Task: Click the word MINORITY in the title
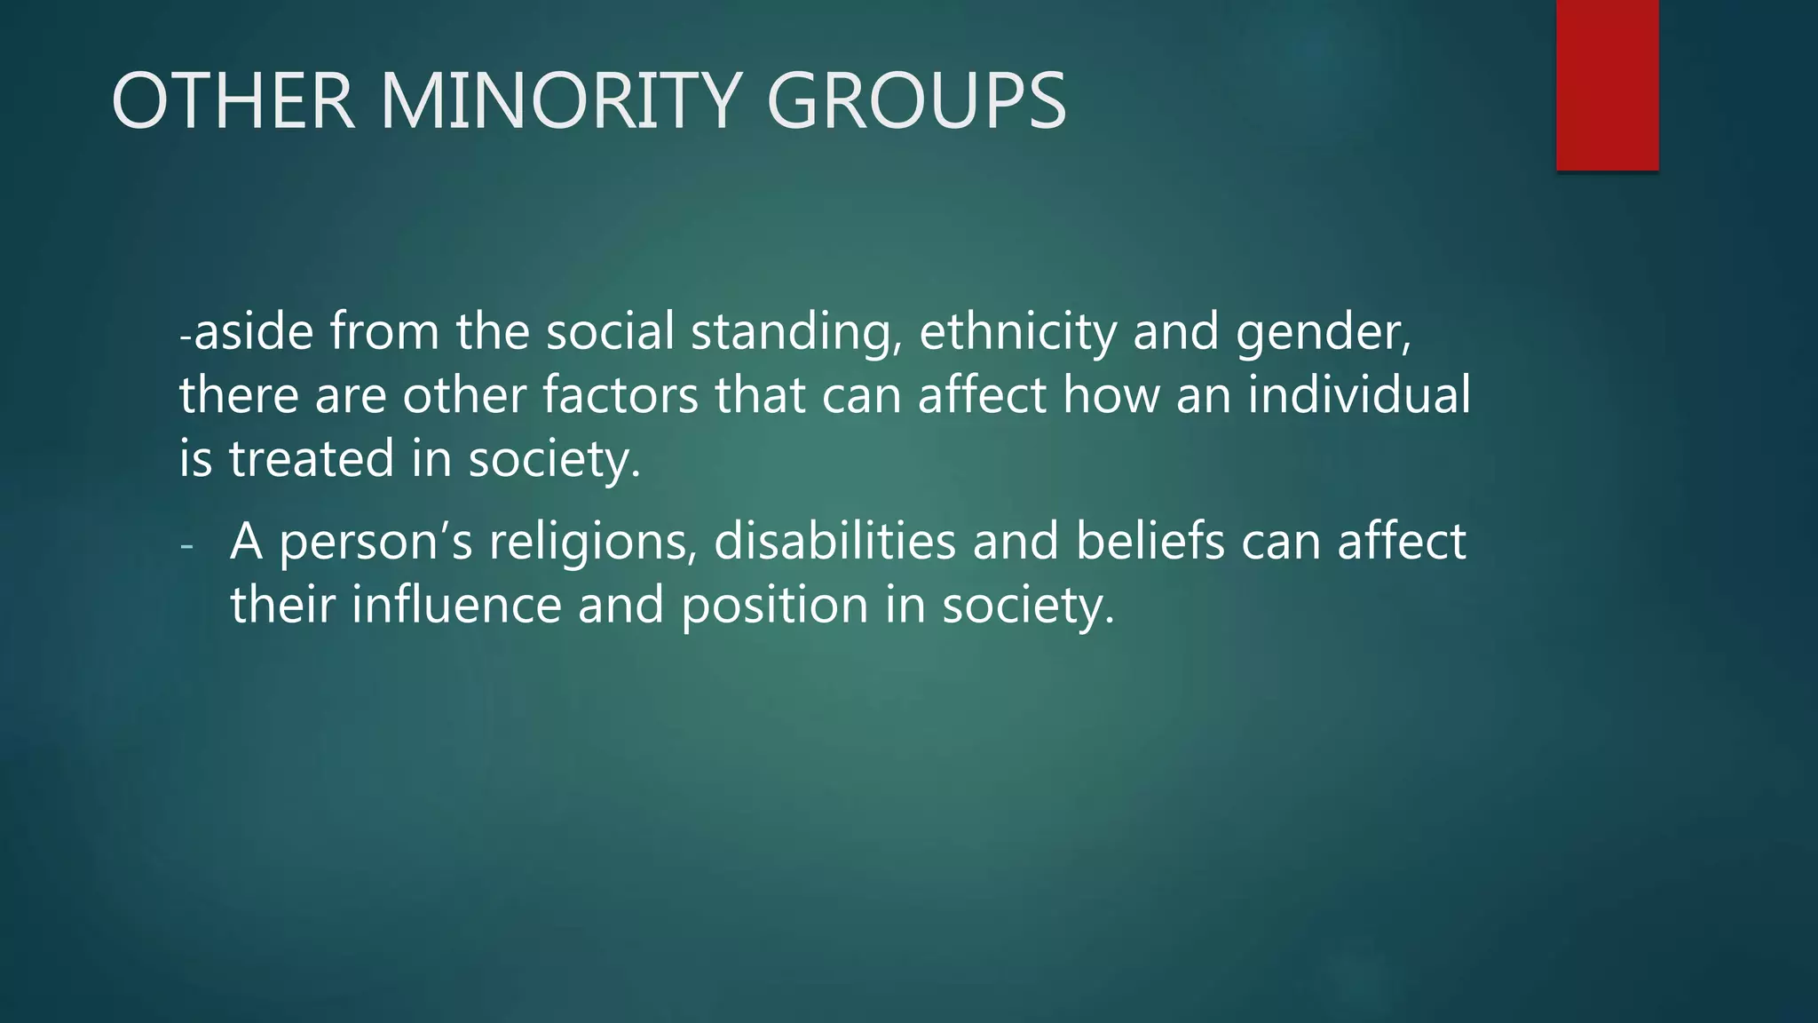coord(560,101)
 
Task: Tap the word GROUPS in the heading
coord(915,101)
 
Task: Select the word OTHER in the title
coord(233,101)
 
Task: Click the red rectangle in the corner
coord(1607,84)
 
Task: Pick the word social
coord(610,332)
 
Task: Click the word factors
coord(620,396)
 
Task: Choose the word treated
coord(312,459)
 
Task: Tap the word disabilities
coord(834,542)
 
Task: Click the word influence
coord(456,606)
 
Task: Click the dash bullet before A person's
coord(186,544)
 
